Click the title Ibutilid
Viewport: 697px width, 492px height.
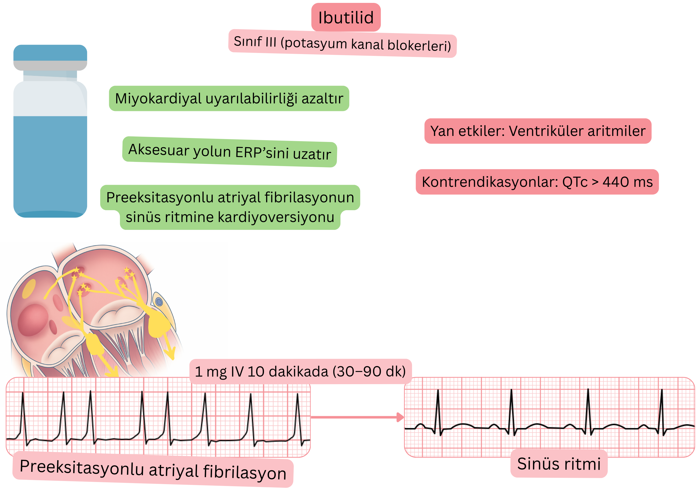(x=346, y=17)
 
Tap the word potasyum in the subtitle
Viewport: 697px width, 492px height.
(x=316, y=43)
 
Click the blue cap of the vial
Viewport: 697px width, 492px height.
(x=50, y=52)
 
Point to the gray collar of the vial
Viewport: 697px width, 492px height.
(x=50, y=65)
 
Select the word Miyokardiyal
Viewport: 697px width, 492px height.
(x=158, y=99)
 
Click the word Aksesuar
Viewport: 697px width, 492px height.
(x=159, y=150)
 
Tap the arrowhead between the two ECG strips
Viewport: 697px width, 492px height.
(x=400, y=417)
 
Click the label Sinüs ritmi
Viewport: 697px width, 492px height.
(x=559, y=464)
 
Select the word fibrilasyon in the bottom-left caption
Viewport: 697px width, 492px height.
(x=244, y=472)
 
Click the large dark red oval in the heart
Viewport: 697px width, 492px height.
(x=33, y=320)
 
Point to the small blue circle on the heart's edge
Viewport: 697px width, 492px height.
(x=159, y=302)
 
